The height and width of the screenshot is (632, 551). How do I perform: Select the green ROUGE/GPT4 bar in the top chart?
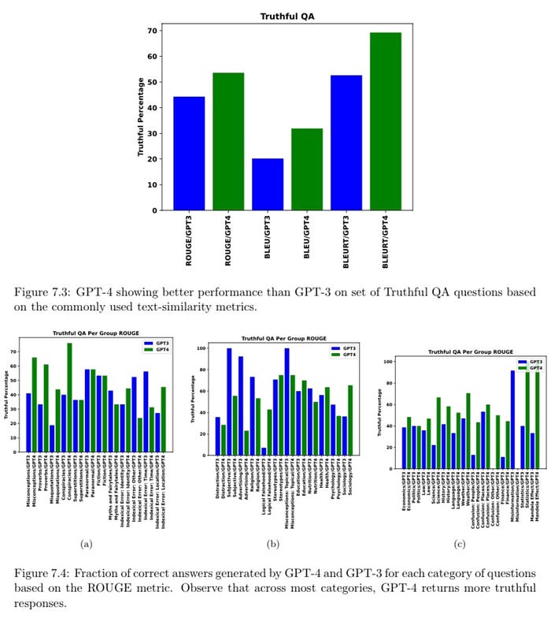tap(228, 142)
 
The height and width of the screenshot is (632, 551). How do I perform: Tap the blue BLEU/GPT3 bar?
tap(268, 184)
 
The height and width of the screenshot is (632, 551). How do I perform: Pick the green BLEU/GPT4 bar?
tap(307, 169)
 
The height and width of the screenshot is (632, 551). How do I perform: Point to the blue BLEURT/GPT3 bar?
tap(346, 143)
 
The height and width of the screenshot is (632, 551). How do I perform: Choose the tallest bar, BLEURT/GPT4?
tap(386, 121)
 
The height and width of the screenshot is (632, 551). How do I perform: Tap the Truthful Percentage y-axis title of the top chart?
tap(141, 118)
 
